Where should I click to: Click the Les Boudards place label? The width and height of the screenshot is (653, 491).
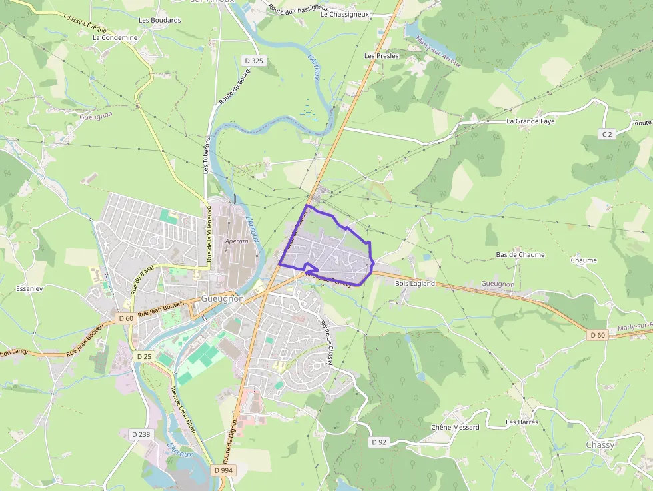159,20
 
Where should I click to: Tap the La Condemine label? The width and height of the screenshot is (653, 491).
115,38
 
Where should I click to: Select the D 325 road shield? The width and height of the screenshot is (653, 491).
254,61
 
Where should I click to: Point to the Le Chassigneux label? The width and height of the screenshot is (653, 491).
344,14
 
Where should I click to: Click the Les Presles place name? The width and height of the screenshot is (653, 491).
382,56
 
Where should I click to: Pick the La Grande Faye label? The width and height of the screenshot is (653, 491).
530,121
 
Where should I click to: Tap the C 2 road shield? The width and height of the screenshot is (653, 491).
606,134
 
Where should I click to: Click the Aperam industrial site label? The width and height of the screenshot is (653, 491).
237,241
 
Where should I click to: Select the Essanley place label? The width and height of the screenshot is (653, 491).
29,289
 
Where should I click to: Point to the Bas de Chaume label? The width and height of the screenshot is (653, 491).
520,255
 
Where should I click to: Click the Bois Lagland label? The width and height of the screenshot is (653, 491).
414,283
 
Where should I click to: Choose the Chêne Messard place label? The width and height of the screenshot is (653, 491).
455,427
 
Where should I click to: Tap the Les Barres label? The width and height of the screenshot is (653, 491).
522,422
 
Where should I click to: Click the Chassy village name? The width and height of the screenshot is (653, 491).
600,444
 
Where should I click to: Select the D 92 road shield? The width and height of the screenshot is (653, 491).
378,442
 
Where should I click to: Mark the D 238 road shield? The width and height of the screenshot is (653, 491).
141,434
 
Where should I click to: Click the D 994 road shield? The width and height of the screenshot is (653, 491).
225,470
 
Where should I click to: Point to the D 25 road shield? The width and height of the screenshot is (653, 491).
144,357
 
